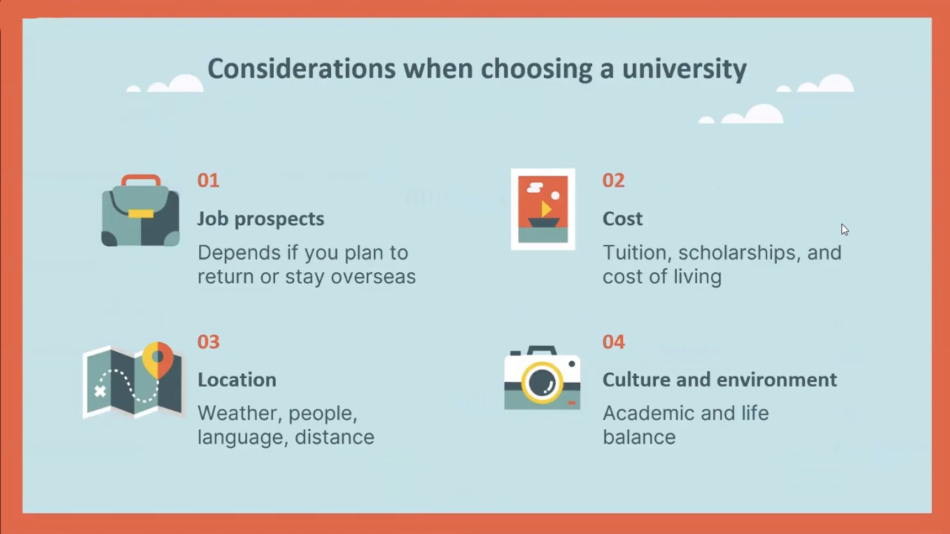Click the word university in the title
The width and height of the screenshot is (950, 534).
[684, 69]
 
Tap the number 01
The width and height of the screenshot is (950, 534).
[209, 181]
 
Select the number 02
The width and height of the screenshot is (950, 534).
[613, 181]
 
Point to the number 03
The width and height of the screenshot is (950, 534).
[209, 342]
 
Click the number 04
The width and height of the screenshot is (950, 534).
[613, 342]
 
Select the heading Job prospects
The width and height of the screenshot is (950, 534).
[261, 219]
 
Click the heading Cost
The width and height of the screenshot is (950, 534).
[623, 219]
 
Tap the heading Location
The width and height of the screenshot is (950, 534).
[237, 380]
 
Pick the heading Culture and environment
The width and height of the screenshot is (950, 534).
[720, 380]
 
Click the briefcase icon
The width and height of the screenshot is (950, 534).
[140, 210]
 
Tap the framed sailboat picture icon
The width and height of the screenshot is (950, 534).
[543, 209]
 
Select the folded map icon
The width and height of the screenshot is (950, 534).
[133, 381]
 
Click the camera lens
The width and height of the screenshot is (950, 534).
[542, 382]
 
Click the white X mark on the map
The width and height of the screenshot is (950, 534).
[100, 392]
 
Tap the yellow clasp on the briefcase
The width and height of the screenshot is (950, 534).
[141, 214]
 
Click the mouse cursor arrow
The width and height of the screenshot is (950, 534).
[845, 230]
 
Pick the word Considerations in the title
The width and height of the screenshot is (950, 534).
[301, 69]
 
